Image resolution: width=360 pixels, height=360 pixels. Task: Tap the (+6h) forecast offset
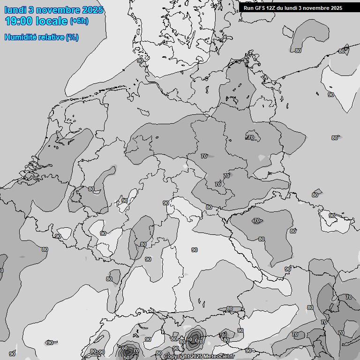point(79,21)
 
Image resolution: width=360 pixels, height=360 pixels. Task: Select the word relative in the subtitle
point(52,37)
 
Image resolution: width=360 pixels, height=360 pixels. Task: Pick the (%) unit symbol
point(72,37)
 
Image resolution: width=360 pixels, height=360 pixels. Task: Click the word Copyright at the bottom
point(177,357)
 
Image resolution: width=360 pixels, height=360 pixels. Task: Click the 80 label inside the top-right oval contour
point(299,51)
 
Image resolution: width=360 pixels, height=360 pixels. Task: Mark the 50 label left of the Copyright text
point(127,358)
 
